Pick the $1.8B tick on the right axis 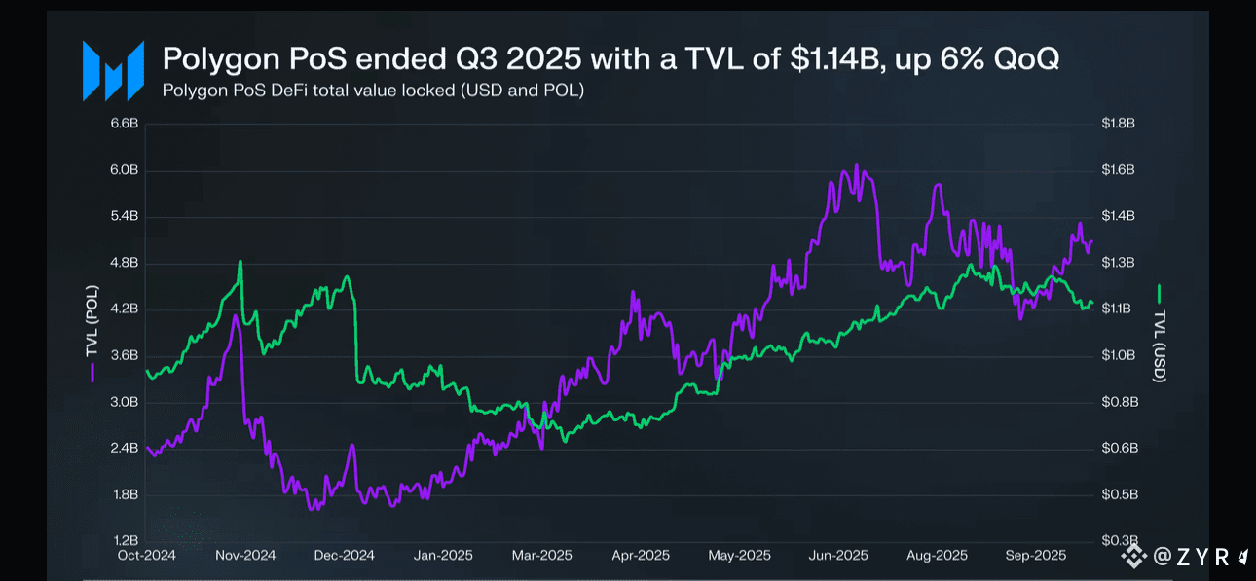pyautogui.click(x=1118, y=124)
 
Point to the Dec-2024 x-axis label pyautogui.click(x=345, y=556)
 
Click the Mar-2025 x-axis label pyautogui.click(x=542, y=556)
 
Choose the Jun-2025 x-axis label pyautogui.click(x=837, y=556)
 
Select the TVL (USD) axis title pyautogui.click(x=1159, y=345)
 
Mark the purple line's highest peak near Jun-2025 pyautogui.click(x=856, y=165)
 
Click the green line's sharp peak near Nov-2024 pyautogui.click(x=240, y=261)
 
